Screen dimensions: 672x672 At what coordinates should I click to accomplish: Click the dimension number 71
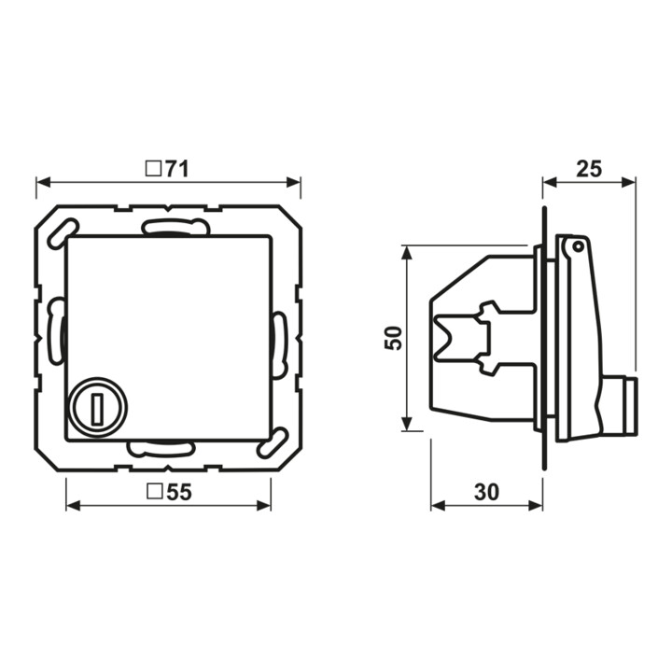point(176,169)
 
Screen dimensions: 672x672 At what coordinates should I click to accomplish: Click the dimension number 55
point(178,492)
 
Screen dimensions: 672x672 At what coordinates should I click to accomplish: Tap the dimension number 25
point(589,169)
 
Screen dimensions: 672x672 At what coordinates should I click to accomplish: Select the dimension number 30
point(486,492)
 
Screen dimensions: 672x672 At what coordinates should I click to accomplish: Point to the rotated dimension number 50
point(394,338)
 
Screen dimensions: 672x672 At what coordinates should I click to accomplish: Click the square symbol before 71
point(153,169)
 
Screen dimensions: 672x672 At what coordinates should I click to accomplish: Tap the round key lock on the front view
point(99,407)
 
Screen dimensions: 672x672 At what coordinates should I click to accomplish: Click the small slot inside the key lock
point(99,408)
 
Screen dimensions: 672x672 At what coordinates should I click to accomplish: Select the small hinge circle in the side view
point(578,246)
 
